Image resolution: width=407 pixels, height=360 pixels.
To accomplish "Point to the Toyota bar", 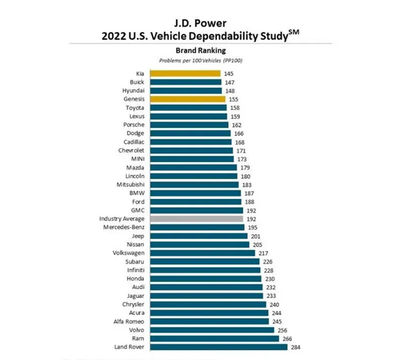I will [189, 108].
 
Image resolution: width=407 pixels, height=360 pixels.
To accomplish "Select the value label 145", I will [229, 74].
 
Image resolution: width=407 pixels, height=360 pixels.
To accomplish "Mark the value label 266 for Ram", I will [287, 338].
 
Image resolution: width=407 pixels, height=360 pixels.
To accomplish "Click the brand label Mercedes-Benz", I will [124, 227].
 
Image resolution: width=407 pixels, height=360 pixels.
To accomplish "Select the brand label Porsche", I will [134, 125].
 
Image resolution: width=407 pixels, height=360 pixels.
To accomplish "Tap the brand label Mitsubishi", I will [130, 185].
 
